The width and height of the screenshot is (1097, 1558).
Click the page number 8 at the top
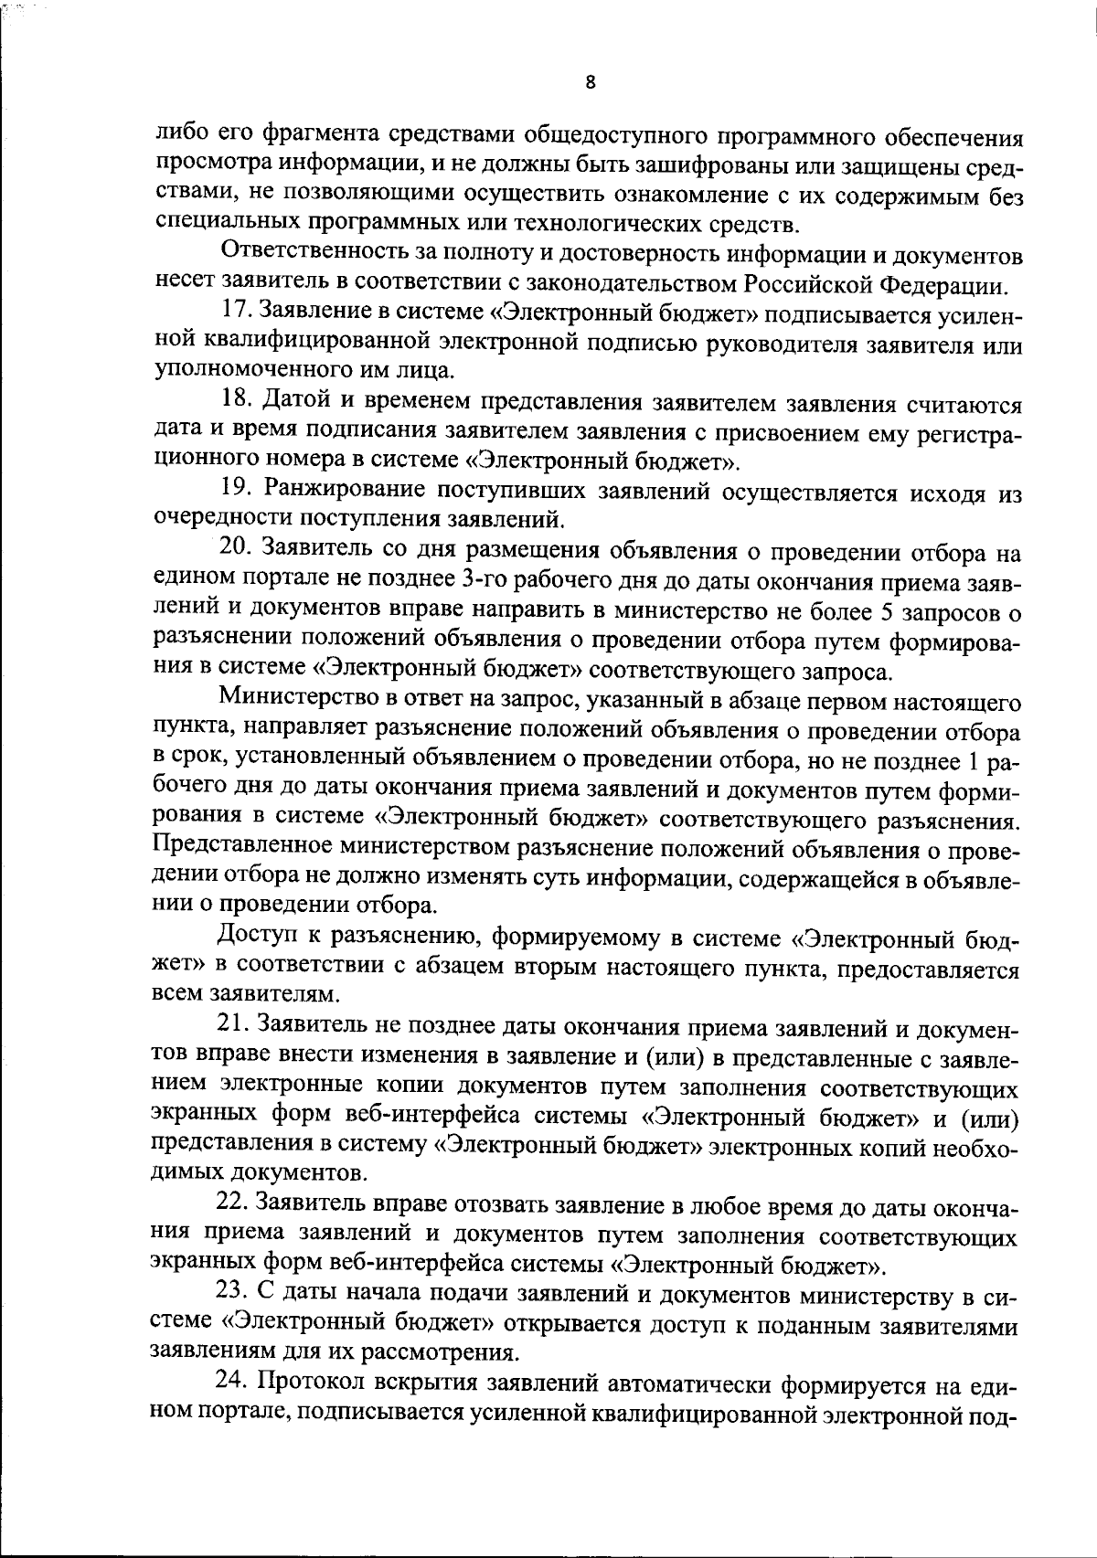click(x=590, y=82)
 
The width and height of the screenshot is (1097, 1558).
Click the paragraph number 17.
click(x=236, y=315)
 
